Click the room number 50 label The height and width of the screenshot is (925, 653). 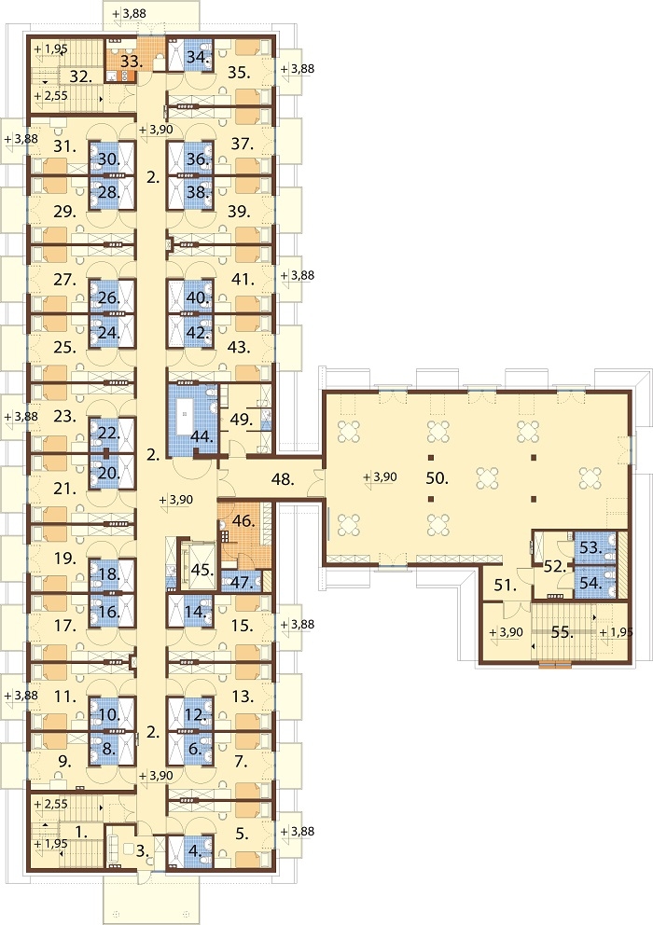(437, 478)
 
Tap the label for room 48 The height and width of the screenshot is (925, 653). (284, 479)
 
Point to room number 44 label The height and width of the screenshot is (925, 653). (201, 437)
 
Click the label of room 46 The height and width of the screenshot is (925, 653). (243, 521)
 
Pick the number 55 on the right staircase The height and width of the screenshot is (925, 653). (563, 632)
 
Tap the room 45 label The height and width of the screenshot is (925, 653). (201, 570)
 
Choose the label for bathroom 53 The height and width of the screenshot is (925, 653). (590, 548)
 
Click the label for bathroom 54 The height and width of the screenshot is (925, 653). (590, 583)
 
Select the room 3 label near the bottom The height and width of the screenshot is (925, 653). (141, 850)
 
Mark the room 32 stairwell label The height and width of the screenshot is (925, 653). (81, 76)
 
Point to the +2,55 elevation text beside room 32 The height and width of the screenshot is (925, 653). (50, 95)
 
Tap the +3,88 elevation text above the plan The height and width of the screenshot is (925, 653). (130, 13)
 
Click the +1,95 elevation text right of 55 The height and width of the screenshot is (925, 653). (617, 632)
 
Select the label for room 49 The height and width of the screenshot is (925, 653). (242, 420)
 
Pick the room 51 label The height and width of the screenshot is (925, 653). (506, 586)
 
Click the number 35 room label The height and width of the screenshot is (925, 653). (239, 73)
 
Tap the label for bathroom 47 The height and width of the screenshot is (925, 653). (242, 582)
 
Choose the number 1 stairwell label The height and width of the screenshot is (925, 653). (82, 833)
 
